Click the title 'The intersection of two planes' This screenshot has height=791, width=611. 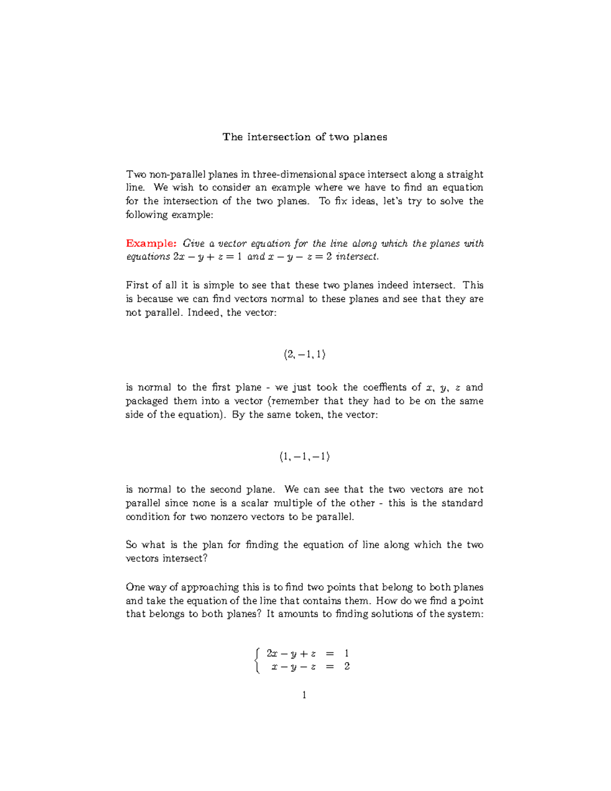(x=304, y=137)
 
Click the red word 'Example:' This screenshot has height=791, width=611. (x=151, y=243)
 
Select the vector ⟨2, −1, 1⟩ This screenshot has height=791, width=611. (x=304, y=354)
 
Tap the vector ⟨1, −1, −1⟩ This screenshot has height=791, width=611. (x=304, y=457)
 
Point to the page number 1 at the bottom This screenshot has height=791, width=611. (x=304, y=695)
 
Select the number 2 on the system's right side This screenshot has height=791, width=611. (x=347, y=666)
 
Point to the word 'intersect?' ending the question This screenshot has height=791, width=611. (x=185, y=559)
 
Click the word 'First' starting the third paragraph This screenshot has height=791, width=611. (x=136, y=285)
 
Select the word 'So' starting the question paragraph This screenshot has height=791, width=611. (x=131, y=545)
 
